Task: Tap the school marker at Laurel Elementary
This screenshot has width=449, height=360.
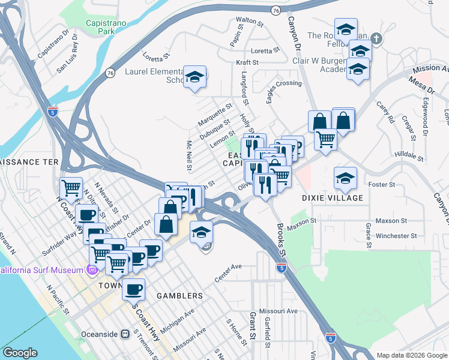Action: click(x=194, y=77)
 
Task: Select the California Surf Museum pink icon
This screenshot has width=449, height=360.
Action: click(x=91, y=271)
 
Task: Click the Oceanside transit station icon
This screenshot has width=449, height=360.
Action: click(x=125, y=334)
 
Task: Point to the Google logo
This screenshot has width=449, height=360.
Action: click(x=20, y=352)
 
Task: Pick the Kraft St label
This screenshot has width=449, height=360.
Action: click(x=246, y=62)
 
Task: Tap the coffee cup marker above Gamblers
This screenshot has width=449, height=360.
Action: click(x=133, y=289)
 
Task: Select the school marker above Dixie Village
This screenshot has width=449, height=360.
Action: click(x=345, y=178)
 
